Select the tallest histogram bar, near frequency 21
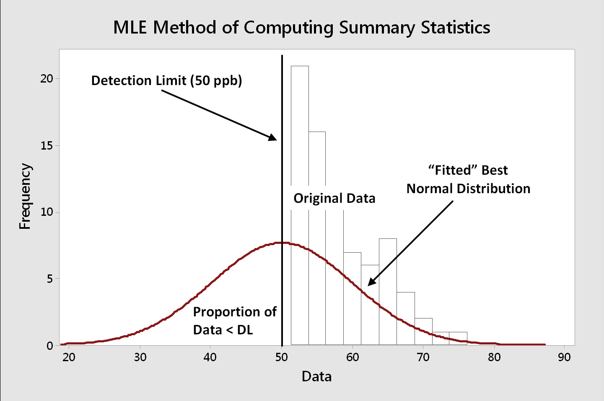tap(300, 126)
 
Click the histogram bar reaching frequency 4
tap(406, 318)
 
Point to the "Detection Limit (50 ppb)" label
tap(166, 80)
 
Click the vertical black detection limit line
tap(282, 168)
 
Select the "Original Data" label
tap(334, 198)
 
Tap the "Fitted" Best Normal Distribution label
tap(468, 179)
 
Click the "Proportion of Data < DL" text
tap(234, 321)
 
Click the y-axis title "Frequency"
tap(25, 196)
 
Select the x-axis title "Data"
tap(316, 376)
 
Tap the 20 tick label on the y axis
tap(47, 79)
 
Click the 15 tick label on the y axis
tap(47, 145)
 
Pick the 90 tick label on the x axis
tap(564, 357)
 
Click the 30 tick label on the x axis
tap(140, 357)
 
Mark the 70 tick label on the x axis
tap(423, 357)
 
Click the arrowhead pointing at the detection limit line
tap(273, 137)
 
